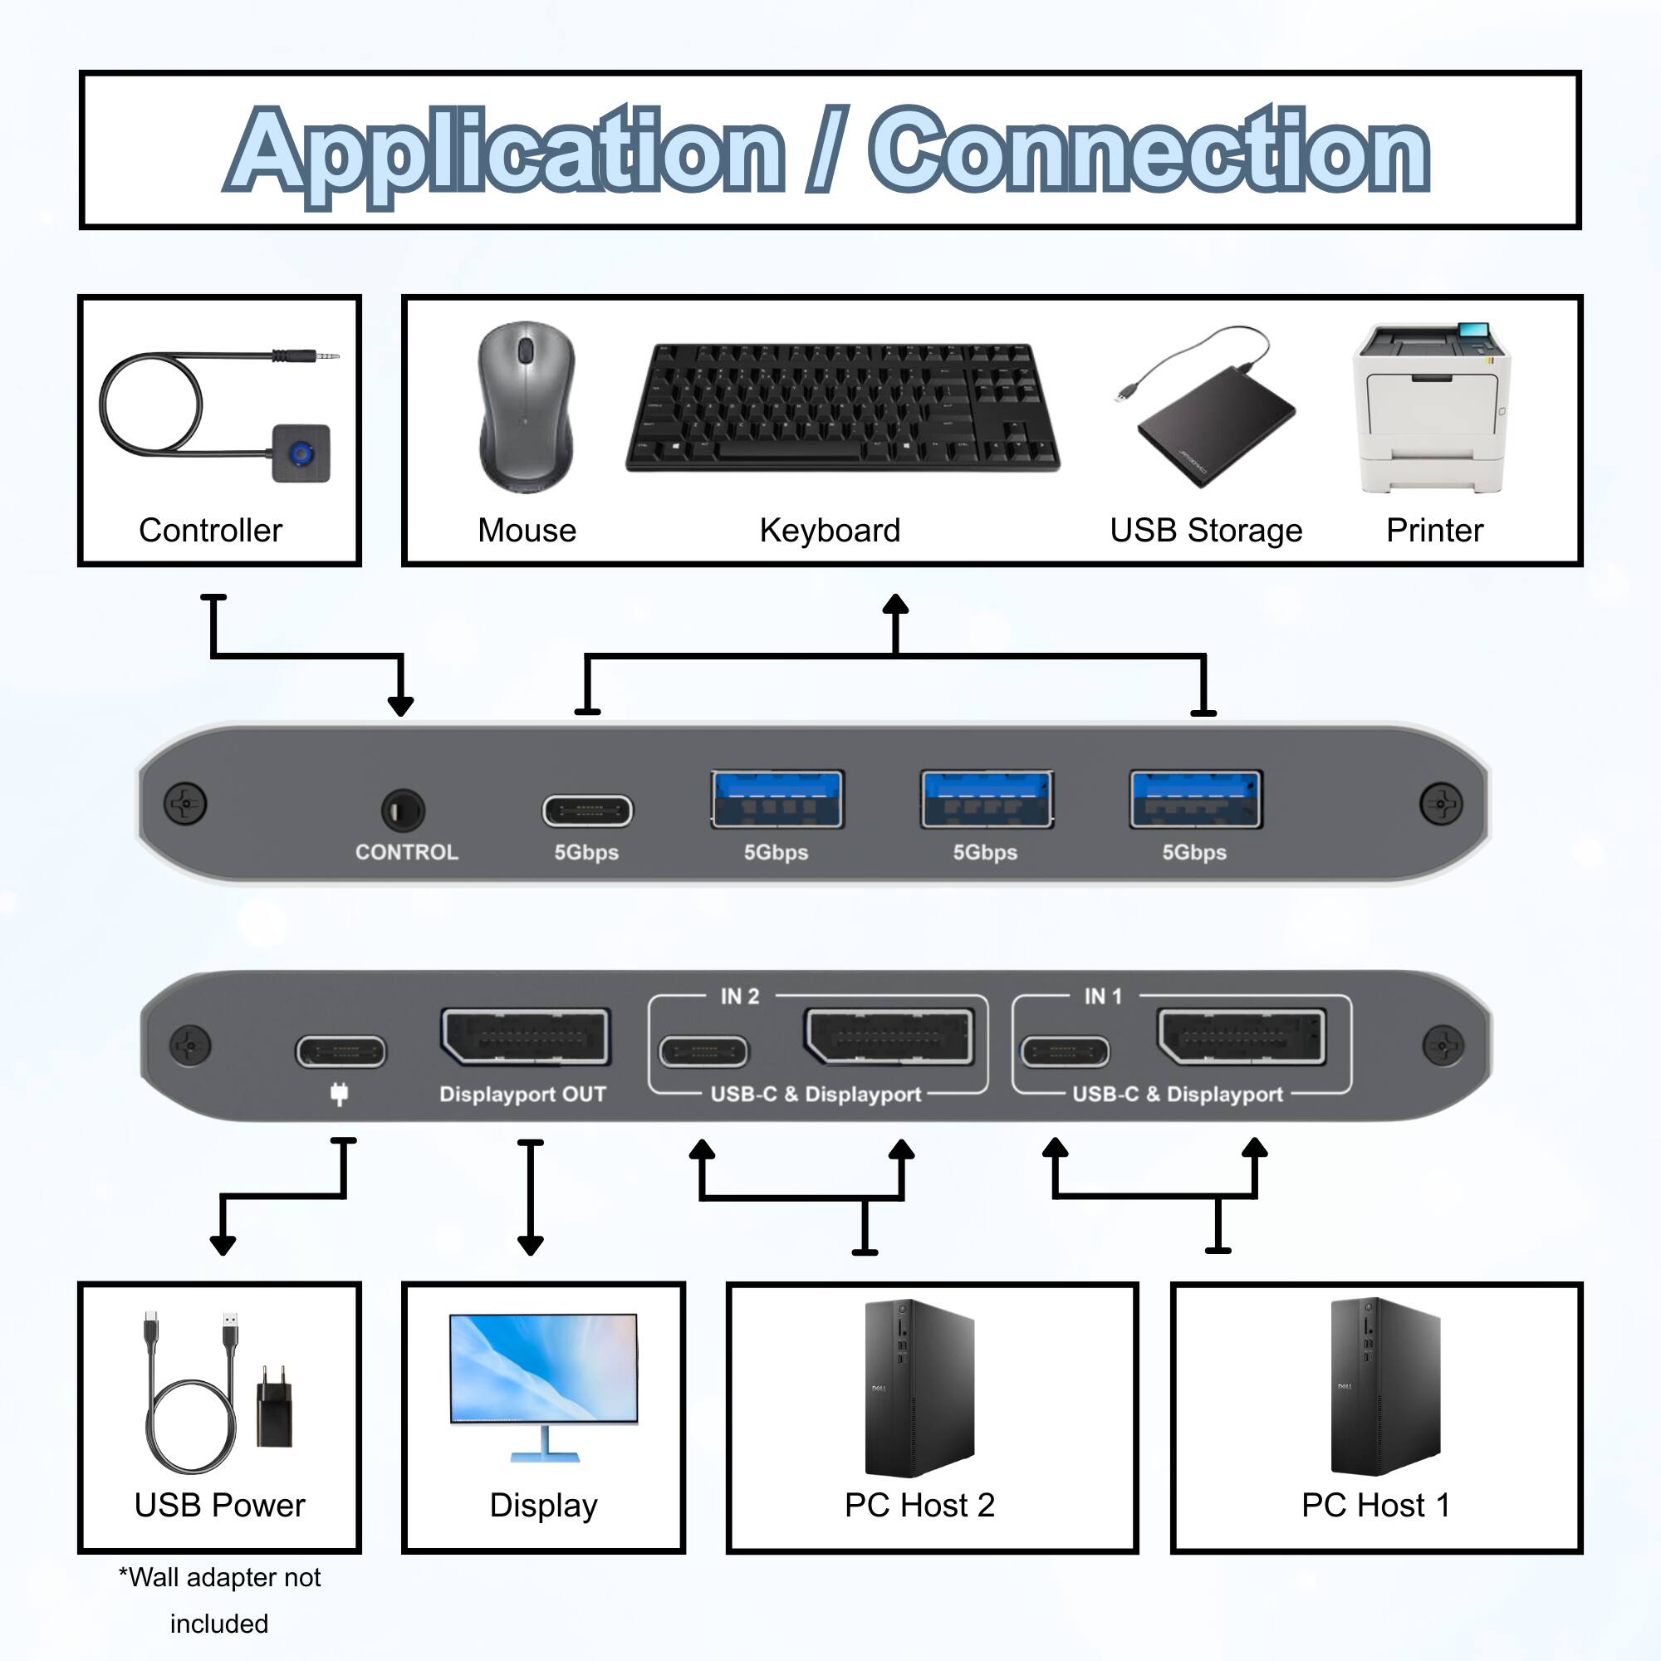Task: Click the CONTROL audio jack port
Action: [402, 810]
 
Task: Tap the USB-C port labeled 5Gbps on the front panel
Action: [587, 811]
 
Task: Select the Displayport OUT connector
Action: [524, 1036]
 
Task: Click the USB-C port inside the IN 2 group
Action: [703, 1051]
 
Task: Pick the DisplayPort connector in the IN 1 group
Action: [1242, 1036]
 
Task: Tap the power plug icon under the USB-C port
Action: [340, 1094]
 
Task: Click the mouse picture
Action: [527, 406]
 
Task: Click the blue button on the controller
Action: [301, 453]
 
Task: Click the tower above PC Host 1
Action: [1384, 1386]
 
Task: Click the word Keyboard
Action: [830, 531]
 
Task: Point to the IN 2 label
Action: [739, 997]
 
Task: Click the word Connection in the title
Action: [1149, 151]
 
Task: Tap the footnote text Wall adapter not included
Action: [219, 1600]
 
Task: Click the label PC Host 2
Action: [919, 1506]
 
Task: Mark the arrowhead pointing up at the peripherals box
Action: [896, 605]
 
